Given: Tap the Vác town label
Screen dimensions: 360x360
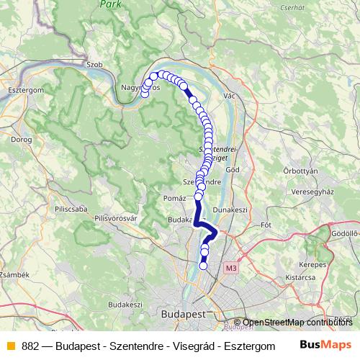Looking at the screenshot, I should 230,96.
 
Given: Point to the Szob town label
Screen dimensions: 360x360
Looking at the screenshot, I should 95,64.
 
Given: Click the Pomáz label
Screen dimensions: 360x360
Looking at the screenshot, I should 175,197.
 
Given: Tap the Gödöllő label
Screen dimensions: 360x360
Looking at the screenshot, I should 345,234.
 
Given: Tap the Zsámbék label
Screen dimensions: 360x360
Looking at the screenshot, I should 14,274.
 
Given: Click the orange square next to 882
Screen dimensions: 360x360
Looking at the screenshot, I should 10,345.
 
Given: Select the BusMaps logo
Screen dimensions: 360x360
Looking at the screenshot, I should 326,345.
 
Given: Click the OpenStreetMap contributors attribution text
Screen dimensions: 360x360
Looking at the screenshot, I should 302,323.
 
